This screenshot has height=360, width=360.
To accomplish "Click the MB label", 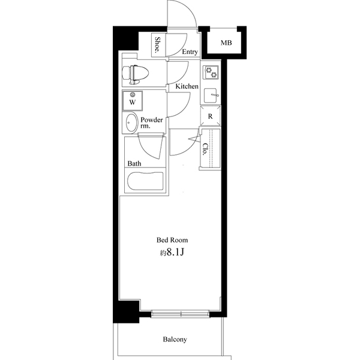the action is click(226, 43).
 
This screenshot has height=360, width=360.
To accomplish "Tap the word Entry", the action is click(190, 52).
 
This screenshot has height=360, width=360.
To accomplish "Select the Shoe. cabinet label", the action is click(158, 45).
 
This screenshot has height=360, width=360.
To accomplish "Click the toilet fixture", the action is click(136, 74).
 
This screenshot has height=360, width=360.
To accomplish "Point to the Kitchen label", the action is click(187, 86).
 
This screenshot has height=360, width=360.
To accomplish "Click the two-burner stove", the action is click(211, 73).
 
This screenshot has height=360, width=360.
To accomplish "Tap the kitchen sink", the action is click(211, 95).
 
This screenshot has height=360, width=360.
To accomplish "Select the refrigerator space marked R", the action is click(211, 116).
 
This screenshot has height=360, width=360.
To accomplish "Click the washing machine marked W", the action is click(132, 101).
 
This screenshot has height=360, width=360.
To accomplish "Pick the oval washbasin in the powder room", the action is click(131, 123).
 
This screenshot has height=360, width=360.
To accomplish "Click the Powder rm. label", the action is click(152, 122).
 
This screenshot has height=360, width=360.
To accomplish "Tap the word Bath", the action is click(134, 163).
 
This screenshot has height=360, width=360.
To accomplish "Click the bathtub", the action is click(145, 181).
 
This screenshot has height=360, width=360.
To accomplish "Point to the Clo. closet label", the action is click(205, 149).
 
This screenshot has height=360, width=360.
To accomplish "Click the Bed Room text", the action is click(172, 240).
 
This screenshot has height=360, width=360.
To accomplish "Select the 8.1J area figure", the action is click(175, 252).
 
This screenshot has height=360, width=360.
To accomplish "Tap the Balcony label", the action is click(175, 340).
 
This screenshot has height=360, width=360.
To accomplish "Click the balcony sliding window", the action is click(181, 314).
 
